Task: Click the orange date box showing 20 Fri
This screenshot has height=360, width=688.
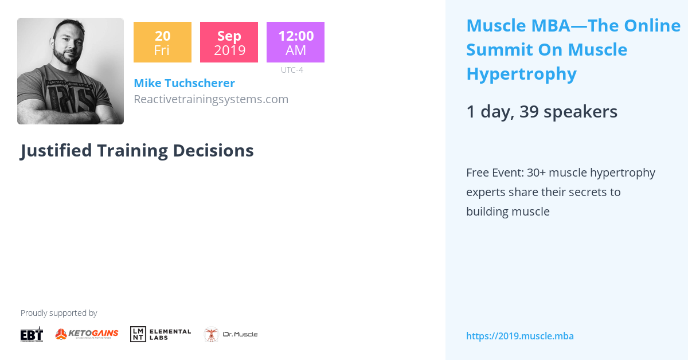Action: pos(162,42)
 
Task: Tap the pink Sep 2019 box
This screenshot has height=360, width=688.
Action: pos(229,42)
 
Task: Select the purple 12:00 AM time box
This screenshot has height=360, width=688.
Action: pos(295,42)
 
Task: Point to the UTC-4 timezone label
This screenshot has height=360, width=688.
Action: pos(292,70)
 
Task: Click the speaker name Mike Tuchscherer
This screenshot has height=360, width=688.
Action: pos(184,83)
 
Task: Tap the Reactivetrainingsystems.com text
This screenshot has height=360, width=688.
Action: pos(210,99)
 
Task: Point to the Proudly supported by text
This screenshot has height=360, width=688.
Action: pos(58,313)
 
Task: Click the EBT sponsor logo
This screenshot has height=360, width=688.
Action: pos(32,334)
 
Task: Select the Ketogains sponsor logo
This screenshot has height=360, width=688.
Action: pos(87,334)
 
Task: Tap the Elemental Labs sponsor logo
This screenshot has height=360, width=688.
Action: pos(161,334)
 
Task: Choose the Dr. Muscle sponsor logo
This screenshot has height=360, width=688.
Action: pos(230,334)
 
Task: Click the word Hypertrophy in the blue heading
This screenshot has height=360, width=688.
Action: pos(521,74)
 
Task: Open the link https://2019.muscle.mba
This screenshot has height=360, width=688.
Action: pos(519,336)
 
